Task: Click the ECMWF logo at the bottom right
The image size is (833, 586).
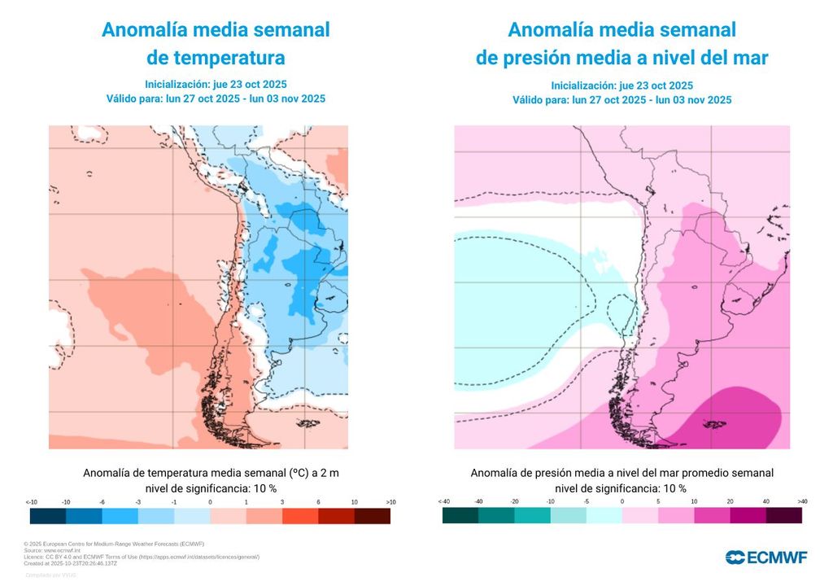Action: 766,558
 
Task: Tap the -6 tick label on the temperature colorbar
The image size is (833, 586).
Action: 102,502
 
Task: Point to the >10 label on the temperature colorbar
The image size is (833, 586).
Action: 390,502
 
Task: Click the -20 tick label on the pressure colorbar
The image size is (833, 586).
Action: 514,502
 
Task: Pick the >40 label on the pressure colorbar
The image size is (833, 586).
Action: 802,502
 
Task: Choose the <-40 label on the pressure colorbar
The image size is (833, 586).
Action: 443,502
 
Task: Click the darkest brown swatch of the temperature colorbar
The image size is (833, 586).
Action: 372,516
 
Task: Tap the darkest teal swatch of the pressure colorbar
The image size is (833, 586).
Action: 460,516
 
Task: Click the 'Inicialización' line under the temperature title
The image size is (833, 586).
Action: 216,85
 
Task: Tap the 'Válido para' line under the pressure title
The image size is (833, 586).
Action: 621,100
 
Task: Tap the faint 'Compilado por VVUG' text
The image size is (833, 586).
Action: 50,575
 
